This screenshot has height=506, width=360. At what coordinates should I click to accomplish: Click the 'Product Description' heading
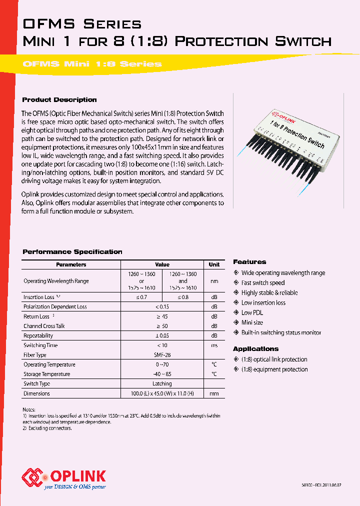point(59,100)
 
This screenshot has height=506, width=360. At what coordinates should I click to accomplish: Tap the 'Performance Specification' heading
point(72,252)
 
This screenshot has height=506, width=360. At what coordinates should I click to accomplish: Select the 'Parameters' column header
point(71,264)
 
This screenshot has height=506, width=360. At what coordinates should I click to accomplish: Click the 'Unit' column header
point(214,264)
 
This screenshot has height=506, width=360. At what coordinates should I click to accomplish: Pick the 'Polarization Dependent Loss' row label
point(55,307)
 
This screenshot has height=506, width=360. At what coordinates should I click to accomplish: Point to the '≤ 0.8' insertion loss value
point(182,297)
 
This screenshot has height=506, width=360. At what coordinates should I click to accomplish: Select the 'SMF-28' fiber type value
point(162,355)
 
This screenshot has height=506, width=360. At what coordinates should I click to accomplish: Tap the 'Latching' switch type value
point(162,384)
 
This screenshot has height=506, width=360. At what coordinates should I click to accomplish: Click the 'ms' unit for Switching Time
point(214,345)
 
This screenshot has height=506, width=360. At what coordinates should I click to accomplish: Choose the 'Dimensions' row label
point(36,393)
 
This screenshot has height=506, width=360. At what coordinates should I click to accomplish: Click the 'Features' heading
point(249,262)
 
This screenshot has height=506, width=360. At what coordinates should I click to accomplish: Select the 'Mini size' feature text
point(252,322)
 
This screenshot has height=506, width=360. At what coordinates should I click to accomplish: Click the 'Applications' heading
point(255,349)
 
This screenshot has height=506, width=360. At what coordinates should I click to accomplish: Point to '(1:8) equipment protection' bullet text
point(274,369)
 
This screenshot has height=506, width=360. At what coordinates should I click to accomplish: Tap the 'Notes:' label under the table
point(29,409)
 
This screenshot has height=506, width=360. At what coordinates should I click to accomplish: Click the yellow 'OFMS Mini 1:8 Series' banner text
point(92,64)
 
